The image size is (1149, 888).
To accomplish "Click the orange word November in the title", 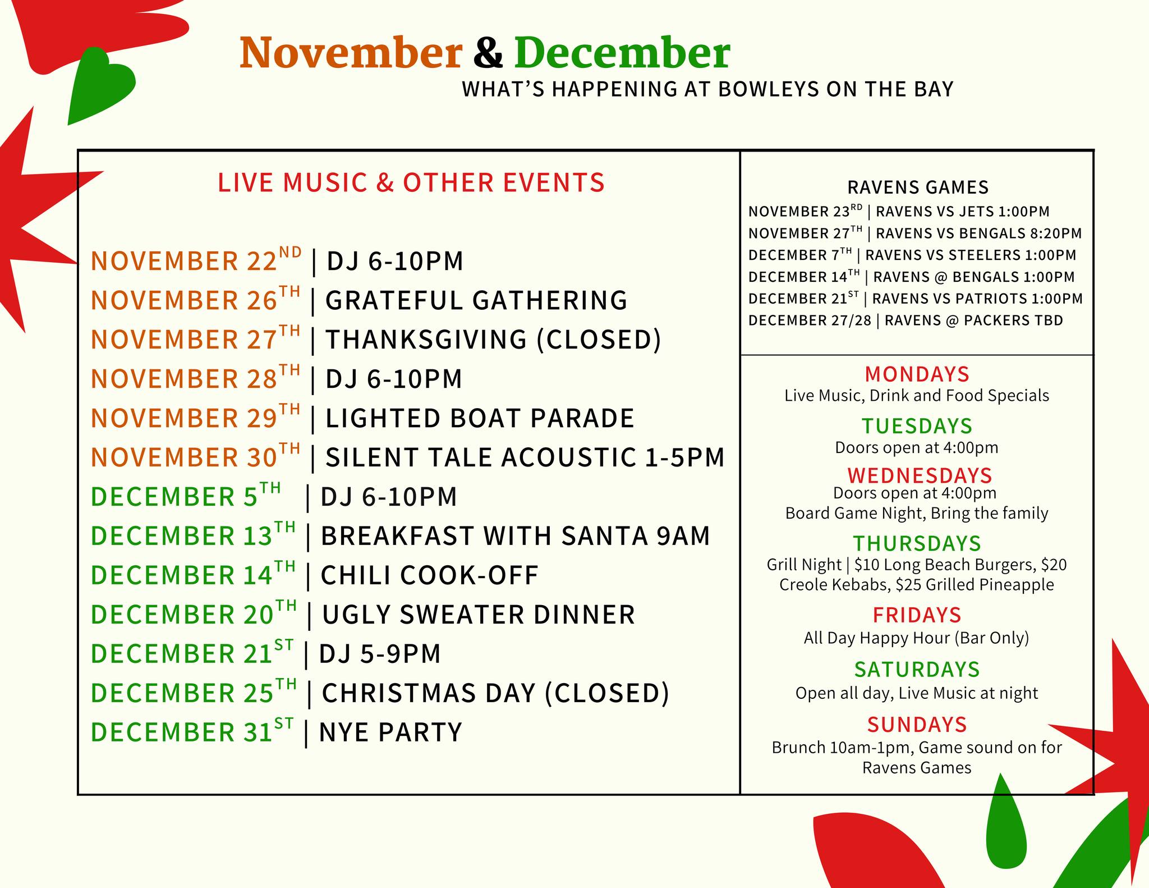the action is pyautogui.click(x=351, y=53).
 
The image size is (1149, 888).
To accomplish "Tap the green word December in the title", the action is pyautogui.click(x=622, y=53).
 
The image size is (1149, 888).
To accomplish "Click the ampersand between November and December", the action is pyautogui.click(x=488, y=53).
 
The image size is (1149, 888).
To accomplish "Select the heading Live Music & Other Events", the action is pyautogui.click(x=411, y=182).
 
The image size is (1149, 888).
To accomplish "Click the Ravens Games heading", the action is pyautogui.click(x=918, y=187).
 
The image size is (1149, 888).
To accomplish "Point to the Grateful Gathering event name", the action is pyautogui.click(x=476, y=300).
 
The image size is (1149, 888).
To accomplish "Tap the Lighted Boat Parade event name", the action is pyautogui.click(x=480, y=418).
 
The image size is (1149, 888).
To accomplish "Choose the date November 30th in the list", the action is pyautogui.click(x=195, y=456).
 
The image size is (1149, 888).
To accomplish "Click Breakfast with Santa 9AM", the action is pyautogui.click(x=515, y=536).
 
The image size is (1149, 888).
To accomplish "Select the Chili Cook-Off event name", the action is pyautogui.click(x=429, y=575).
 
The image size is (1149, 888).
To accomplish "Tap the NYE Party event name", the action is pyautogui.click(x=390, y=733).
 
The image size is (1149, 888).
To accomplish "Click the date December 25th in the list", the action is pyautogui.click(x=194, y=692).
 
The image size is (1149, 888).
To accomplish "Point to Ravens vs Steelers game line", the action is pyautogui.click(x=912, y=255).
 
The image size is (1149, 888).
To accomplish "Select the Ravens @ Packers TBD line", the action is pyautogui.click(x=906, y=321).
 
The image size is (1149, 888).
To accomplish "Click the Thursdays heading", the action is pyautogui.click(x=917, y=543).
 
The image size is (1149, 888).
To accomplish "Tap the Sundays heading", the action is pyautogui.click(x=917, y=725).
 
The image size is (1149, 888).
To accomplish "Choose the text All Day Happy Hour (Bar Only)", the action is pyautogui.click(x=917, y=638).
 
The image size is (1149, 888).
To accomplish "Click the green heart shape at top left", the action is pyautogui.click(x=98, y=85).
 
